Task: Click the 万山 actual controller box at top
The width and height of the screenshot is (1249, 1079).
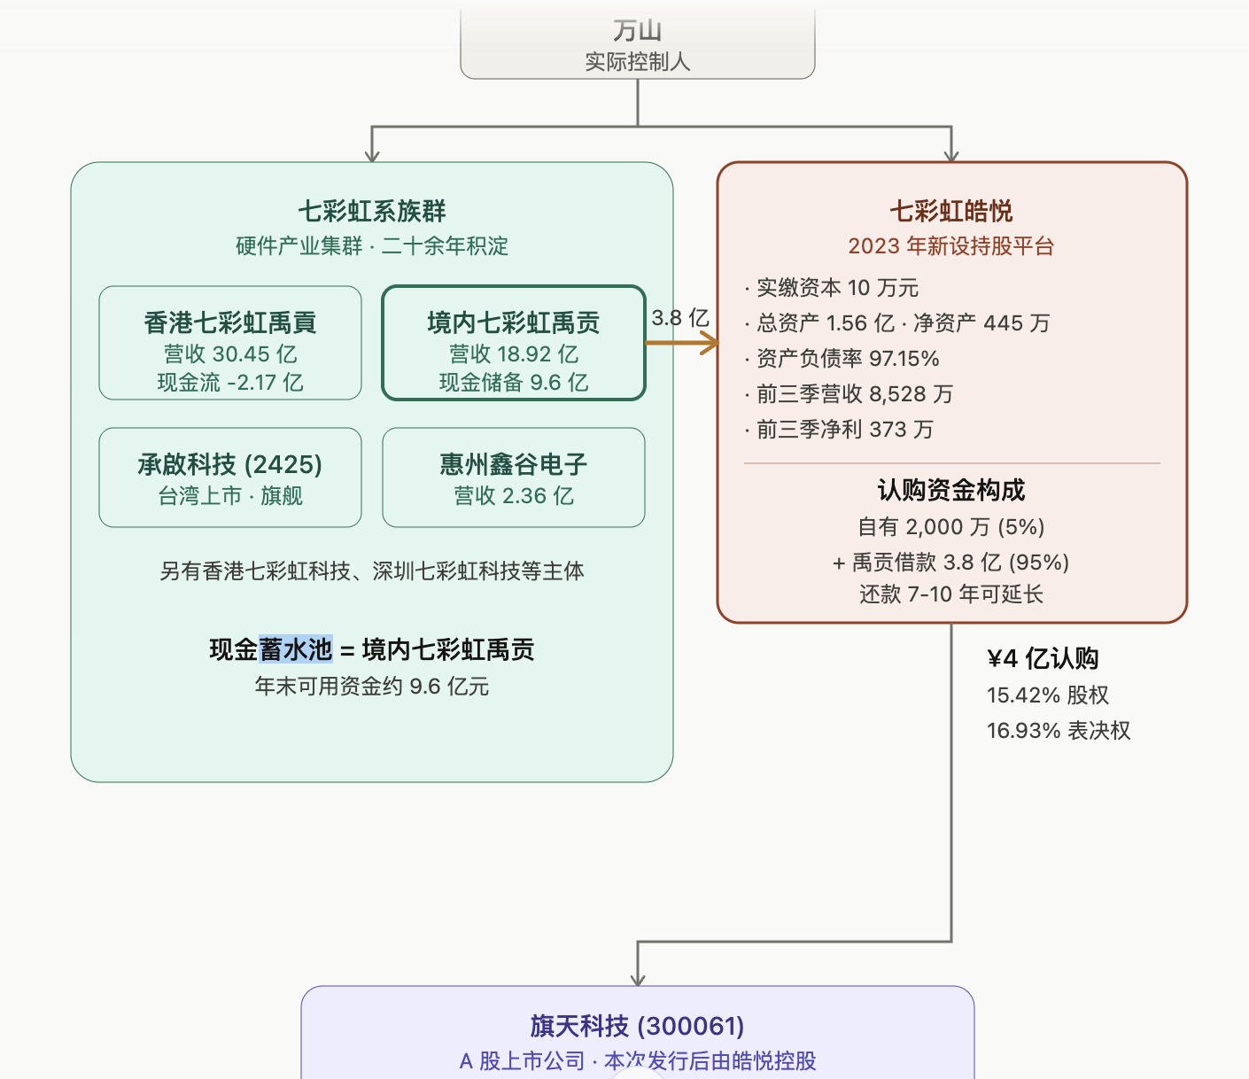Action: coord(637,44)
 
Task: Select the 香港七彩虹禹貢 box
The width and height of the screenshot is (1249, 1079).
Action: coord(230,344)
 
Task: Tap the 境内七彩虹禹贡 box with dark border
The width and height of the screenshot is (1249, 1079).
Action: coord(513,344)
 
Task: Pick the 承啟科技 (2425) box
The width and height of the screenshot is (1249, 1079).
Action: coord(230,478)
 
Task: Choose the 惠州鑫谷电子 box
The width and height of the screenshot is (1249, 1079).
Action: coord(513,478)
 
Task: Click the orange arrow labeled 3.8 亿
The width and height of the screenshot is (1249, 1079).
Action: coord(682,343)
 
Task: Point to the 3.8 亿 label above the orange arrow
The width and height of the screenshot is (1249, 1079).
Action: coord(680,318)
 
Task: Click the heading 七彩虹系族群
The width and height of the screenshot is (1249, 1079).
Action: coord(372,211)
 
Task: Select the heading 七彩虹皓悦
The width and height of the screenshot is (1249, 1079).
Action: coord(950,211)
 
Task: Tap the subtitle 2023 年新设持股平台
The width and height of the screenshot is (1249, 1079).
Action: coord(950,246)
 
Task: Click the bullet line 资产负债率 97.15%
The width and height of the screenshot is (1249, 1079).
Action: coord(847,359)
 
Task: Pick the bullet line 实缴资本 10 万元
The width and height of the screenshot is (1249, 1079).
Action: coord(837,288)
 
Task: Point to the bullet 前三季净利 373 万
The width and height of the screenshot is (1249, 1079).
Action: coord(844,430)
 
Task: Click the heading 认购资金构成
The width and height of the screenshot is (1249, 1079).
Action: coord(950,490)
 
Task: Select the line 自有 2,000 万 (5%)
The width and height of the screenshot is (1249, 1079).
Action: coord(950,527)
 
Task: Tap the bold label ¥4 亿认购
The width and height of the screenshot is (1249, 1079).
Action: coord(1043,658)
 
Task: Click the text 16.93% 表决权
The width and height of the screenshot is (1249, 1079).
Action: coord(1059,731)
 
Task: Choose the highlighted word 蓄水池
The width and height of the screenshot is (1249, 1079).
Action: coord(296,649)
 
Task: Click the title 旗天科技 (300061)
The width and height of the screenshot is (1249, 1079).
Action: coord(637,1026)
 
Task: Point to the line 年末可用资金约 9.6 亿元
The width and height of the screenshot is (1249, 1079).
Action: coord(372,687)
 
